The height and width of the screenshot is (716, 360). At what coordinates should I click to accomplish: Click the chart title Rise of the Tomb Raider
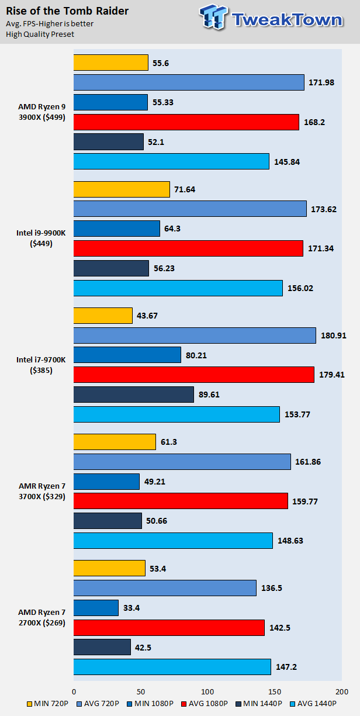(67, 11)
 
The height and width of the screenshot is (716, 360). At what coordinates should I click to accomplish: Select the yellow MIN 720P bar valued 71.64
(122, 189)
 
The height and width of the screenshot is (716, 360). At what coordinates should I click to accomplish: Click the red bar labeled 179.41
(193, 375)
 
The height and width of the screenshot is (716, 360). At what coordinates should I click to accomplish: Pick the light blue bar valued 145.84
(171, 161)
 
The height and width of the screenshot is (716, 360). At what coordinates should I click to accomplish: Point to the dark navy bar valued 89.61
(133, 395)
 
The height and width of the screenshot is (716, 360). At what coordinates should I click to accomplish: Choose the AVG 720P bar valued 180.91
(195, 335)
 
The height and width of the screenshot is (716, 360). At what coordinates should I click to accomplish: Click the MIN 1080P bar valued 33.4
(96, 607)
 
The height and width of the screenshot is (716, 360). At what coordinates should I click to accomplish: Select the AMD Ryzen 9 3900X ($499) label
(41, 112)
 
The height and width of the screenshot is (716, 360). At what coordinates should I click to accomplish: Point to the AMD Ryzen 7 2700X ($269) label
(41, 617)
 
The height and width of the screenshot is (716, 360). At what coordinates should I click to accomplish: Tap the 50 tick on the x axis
(140, 690)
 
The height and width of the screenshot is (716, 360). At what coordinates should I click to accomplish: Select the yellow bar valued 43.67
(103, 315)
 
